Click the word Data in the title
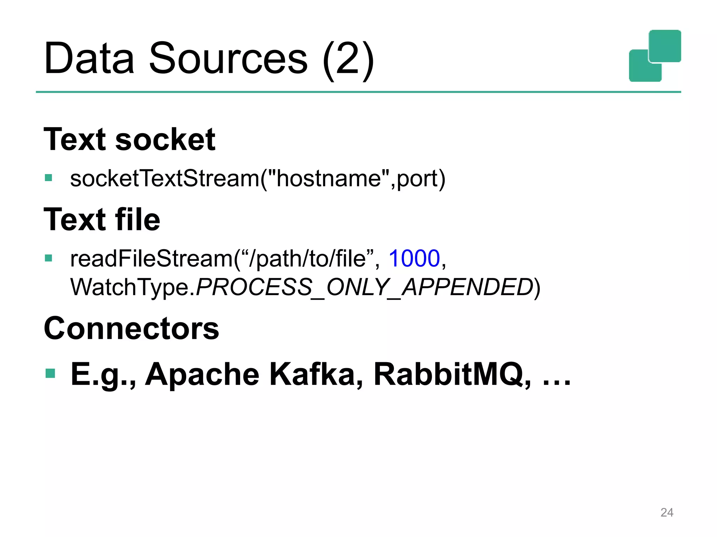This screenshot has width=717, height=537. [x=89, y=58]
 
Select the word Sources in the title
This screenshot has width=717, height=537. [x=228, y=58]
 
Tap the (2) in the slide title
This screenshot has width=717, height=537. [x=348, y=59]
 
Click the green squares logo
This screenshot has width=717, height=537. [x=655, y=56]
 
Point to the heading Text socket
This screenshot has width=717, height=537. [x=129, y=139]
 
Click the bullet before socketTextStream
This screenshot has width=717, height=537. [x=48, y=178]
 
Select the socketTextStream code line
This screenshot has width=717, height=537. [x=258, y=179]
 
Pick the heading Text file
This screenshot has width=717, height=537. [x=102, y=220]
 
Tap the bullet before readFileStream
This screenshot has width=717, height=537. [x=48, y=258]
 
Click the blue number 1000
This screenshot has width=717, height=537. [x=414, y=259]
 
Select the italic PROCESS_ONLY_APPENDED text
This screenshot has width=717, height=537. [x=364, y=287]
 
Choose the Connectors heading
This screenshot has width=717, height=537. [x=131, y=328]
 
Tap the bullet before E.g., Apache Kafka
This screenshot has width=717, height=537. [x=50, y=373]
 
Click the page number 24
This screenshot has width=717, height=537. [x=667, y=513]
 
